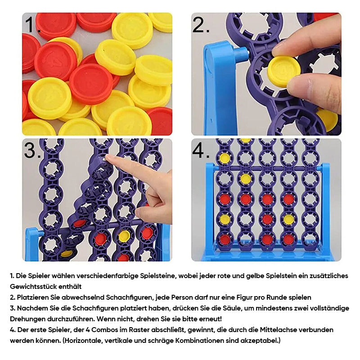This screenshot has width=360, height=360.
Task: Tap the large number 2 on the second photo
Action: (201, 25)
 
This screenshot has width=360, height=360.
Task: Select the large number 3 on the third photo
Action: (32, 150)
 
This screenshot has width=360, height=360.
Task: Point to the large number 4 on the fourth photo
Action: (201, 150)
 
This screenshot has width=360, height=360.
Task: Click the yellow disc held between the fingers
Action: (284, 72)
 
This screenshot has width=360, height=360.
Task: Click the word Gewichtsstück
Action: (33, 287)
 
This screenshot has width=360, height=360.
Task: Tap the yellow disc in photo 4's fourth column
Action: (288, 219)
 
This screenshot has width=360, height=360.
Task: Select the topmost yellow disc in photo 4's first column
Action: (225, 157)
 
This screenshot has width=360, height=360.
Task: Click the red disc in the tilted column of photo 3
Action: (79, 223)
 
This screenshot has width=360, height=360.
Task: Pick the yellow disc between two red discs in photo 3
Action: (124, 236)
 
